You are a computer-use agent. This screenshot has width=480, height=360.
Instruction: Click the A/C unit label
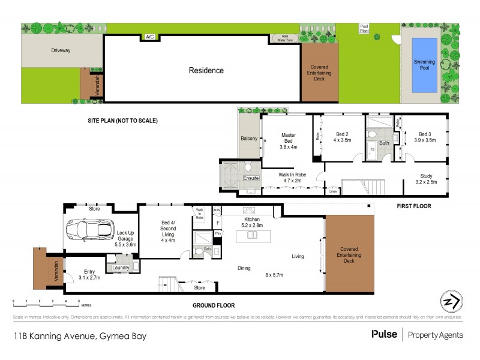[x=149, y=37]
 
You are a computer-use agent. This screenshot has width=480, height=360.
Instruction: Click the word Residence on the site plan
[x=206, y=70]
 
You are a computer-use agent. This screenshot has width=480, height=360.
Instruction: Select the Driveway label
[x=61, y=51]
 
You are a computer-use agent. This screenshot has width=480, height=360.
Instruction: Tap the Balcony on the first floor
[x=249, y=139]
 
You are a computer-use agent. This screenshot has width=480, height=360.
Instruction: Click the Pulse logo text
[x=384, y=334]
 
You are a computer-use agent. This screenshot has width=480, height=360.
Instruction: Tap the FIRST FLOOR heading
[x=414, y=206]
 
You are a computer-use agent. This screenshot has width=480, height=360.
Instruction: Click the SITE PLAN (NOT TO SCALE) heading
[x=122, y=121]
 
